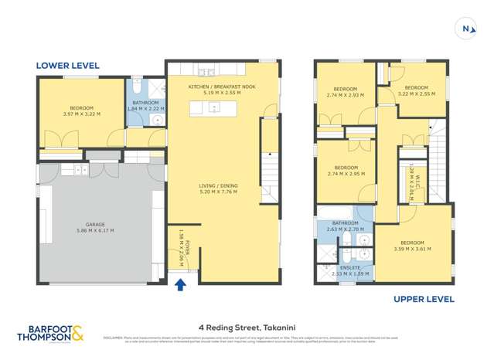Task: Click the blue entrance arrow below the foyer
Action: tap(182, 284)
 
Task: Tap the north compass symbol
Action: tap(466, 29)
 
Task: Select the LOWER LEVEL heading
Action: tap(67, 66)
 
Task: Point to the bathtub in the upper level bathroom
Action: tap(336, 212)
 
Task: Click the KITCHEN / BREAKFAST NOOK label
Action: tap(221, 87)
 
